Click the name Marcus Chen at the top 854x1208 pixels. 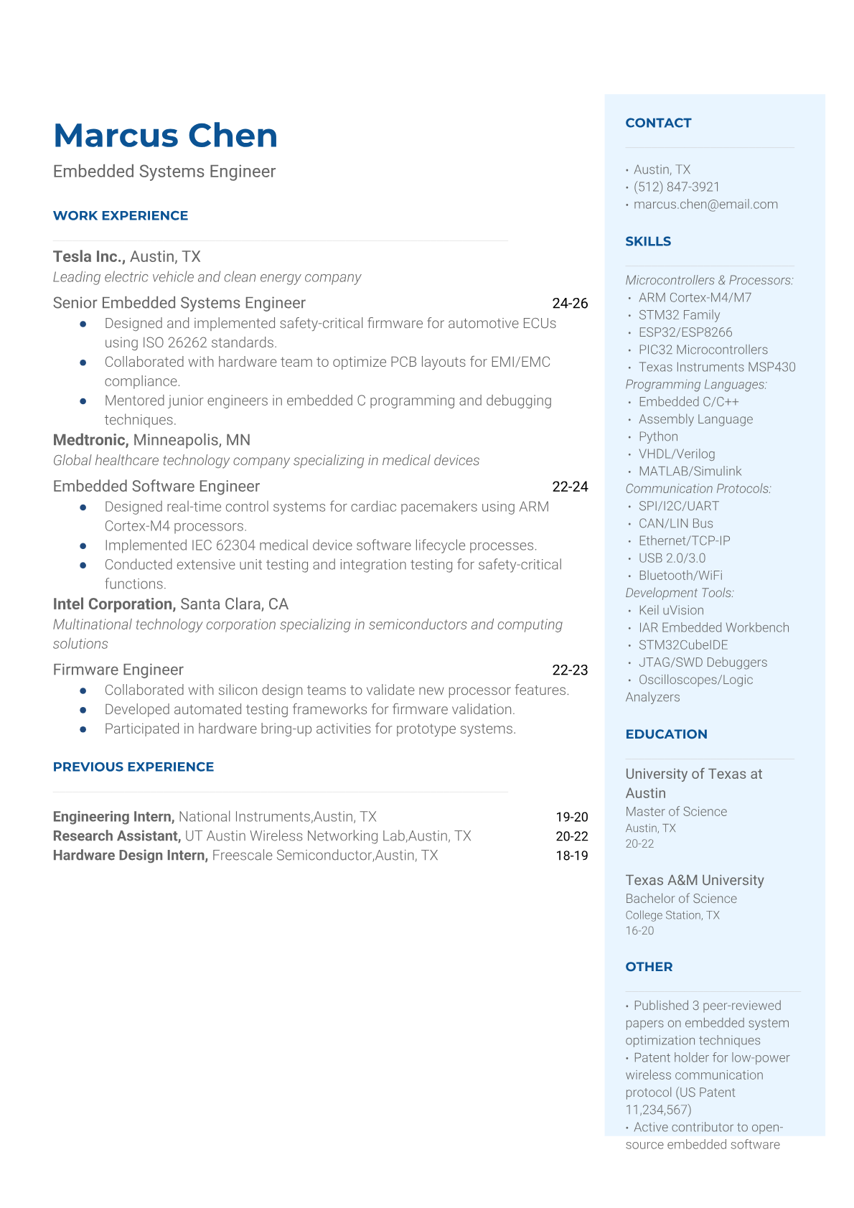pyautogui.click(x=165, y=136)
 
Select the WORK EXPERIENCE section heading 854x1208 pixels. pyautogui.click(x=121, y=216)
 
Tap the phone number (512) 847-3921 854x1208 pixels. pyautogui.click(x=676, y=187)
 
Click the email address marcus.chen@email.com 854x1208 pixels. pyautogui.click(x=705, y=205)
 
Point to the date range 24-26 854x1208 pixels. pyautogui.click(x=570, y=304)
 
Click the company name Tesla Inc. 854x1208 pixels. pyautogui.click(x=89, y=257)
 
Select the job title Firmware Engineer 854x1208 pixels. pyautogui.click(x=118, y=670)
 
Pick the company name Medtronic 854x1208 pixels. pyautogui.click(x=90, y=440)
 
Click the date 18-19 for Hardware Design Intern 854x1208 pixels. pyautogui.click(x=571, y=856)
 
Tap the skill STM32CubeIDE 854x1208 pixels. pyautogui.click(x=683, y=645)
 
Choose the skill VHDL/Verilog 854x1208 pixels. pyautogui.click(x=677, y=454)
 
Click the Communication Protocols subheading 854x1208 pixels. pyautogui.click(x=698, y=489)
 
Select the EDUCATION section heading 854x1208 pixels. pyautogui.click(x=666, y=734)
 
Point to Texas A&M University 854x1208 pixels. pyautogui.click(x=694, y=881)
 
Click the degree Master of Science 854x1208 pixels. pyautogui.click(x=676, y=812)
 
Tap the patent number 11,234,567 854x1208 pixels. pyautogui.click(x=657, y=1110)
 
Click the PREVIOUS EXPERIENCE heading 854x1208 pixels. pyautogui.click(x=133, y=767)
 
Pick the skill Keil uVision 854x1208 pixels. pyautogui.click(x=671, y=611)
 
